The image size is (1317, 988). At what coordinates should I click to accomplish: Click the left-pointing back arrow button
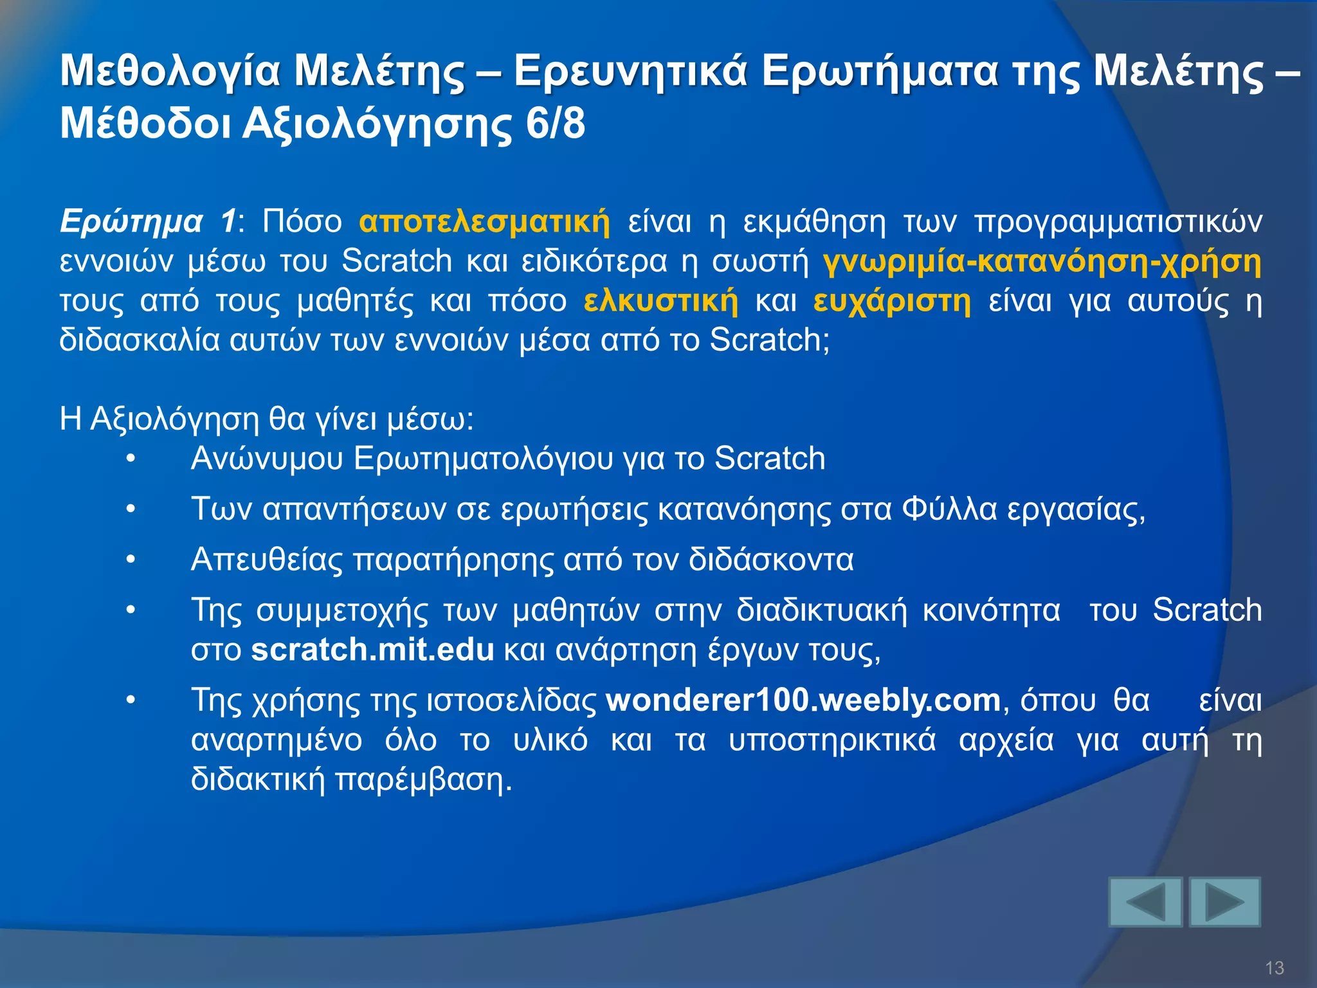tap(1145, 902)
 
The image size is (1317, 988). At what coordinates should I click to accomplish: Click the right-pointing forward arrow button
tap(1224, 902)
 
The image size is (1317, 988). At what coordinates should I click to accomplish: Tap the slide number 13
tap(1274, 967)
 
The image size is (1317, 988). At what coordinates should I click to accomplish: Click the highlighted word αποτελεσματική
tap(484, 222)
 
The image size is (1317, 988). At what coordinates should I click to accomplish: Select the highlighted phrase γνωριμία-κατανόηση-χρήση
tap(1042, 262)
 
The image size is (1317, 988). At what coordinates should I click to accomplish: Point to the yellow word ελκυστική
tap(661, 301)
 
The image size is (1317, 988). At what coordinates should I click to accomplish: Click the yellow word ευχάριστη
tap(892, 301)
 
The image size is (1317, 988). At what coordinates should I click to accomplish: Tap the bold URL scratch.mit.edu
tap(372, 650)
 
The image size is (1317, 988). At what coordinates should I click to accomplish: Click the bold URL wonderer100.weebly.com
tap(803, 700)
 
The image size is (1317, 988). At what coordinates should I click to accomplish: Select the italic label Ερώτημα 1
tap(148, 222)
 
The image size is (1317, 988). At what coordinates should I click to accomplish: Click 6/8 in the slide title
tap(555, 123)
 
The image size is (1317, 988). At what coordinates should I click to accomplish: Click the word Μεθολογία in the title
tap(170, 71)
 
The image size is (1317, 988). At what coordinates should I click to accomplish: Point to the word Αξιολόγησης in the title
tap(377, 125)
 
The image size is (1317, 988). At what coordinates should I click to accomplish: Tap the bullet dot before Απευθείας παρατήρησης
tap(131, 560)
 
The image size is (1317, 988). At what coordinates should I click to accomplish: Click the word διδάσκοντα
tap(770, 560)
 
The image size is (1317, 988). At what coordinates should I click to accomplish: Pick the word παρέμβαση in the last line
tap(424, 780)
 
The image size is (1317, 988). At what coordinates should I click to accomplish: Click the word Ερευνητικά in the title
tap(630, 71)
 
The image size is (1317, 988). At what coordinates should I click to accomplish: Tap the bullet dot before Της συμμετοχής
tap(131, 610)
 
